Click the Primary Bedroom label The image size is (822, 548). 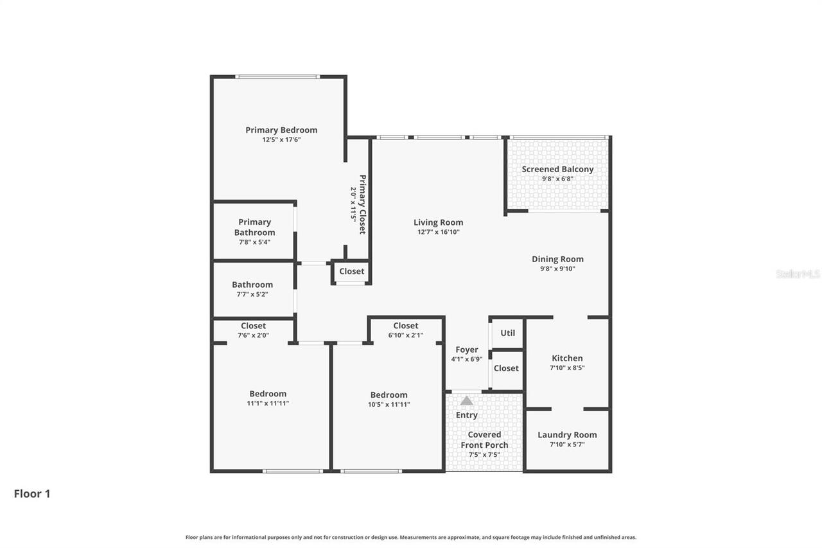coord(281,130)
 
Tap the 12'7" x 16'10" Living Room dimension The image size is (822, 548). coord(438,232)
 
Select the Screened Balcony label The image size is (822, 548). coord(557,169)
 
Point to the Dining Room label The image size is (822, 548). coord(557,259)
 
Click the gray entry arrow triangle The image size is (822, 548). coord(466,400)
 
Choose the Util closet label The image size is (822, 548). coord(507,333)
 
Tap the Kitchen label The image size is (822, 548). coord(567,358)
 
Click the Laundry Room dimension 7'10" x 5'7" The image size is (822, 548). coord(567,444)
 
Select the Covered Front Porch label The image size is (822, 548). coord(484,439)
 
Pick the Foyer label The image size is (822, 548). coord(466,349)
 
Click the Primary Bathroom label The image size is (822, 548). coord(254,227)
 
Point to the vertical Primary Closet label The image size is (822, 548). coord(362,204)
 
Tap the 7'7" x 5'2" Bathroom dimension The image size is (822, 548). coord(252,294)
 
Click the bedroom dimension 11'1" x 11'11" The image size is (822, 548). coord(268,403)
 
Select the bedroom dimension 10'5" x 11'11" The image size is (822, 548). coord(389,405)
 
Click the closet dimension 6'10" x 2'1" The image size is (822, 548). coord(406,335)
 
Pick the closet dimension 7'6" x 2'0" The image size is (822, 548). coord(253,335)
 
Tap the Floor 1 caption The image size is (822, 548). coord(32,493)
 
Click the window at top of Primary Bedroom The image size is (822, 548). coord(277,76)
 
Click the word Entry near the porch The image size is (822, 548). coord(466,415)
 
